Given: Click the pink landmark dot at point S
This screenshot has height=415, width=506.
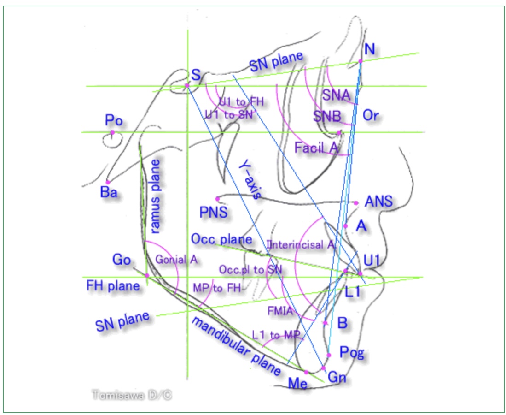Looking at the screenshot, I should tap(187, 85).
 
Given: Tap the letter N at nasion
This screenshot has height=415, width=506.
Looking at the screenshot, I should tap(369, 48).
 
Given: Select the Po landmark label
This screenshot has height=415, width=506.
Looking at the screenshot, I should tap(113, 121).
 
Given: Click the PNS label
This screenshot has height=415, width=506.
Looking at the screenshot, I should tap(214, 213).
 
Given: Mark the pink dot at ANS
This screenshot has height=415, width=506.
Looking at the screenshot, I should tap(356, 202).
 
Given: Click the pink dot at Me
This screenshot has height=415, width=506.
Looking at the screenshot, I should tap(306, 372).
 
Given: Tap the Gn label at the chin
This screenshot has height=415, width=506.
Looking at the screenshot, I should tap(337, 378).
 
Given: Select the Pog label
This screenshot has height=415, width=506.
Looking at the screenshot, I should tap(351, 353).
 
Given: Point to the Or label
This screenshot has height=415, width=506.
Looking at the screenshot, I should tap(371, 115).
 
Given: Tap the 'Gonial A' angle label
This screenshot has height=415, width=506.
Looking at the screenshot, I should tap(176, 260).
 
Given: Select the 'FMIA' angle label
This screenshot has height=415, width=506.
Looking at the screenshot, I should tap(280, 311).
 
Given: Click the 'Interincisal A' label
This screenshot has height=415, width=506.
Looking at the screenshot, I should tap(299, 245).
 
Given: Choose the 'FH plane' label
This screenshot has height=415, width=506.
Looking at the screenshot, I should tap(113, 286).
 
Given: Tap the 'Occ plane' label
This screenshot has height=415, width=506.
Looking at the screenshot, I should tap(221, 239).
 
